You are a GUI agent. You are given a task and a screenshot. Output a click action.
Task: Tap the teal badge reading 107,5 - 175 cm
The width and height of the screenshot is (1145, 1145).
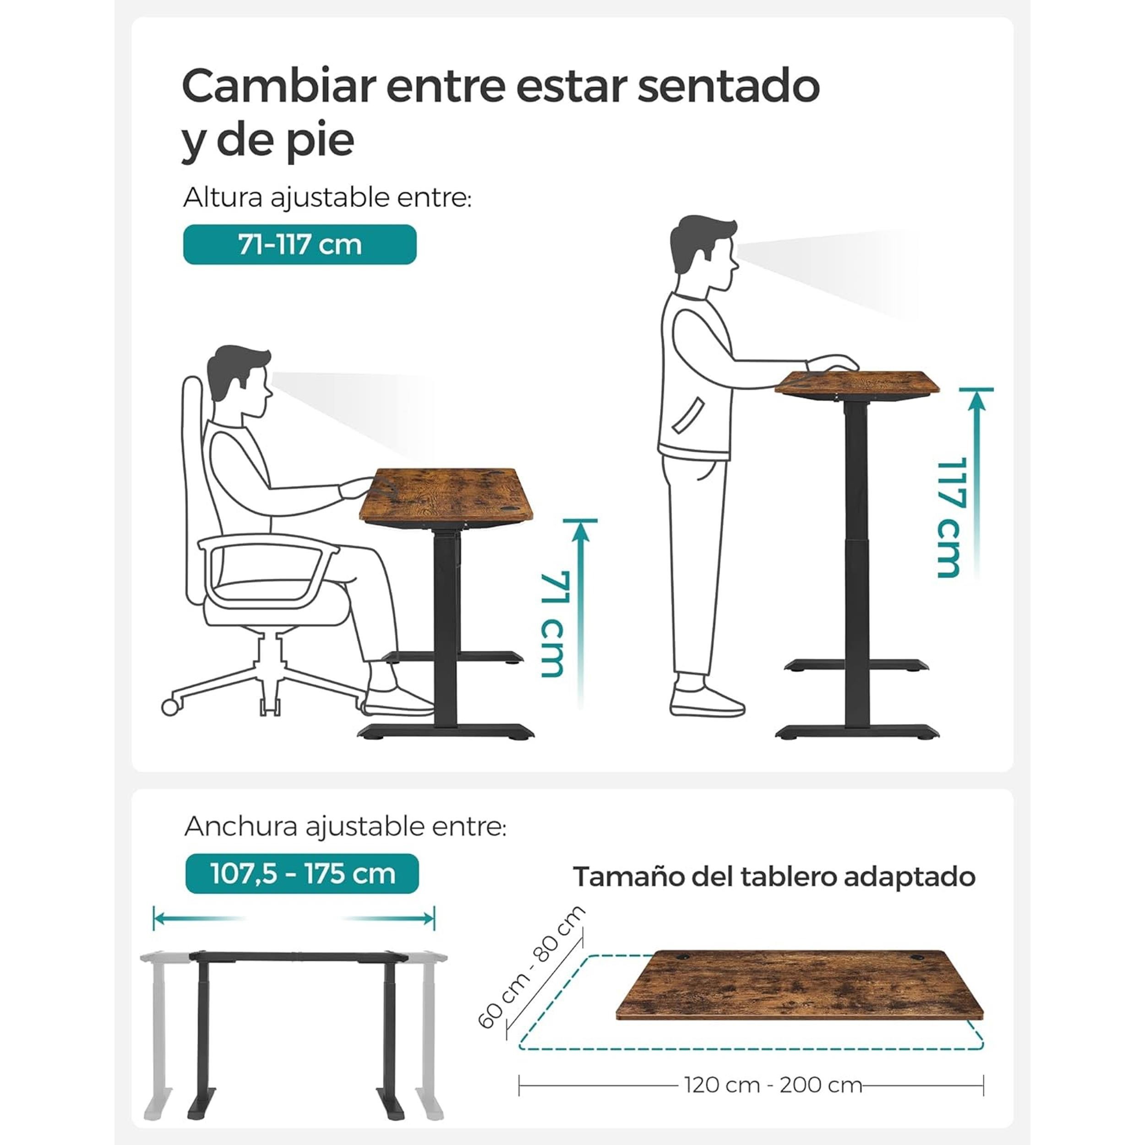point(302,873)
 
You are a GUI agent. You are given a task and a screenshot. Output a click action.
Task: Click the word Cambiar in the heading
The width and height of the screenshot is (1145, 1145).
point(278,87)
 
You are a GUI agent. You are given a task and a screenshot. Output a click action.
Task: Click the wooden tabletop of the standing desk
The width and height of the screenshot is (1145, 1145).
point(857,385)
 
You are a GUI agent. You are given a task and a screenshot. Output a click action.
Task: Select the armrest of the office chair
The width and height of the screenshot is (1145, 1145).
point(268,569)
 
